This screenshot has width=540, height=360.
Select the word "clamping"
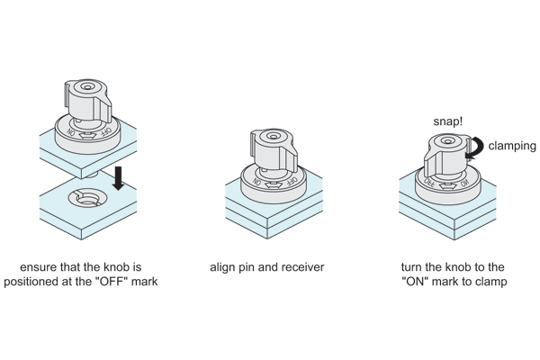511,145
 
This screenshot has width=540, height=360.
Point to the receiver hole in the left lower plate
91,200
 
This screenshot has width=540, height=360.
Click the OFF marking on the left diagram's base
106,131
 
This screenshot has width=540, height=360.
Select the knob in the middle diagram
269,148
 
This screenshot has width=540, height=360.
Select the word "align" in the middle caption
224,267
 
